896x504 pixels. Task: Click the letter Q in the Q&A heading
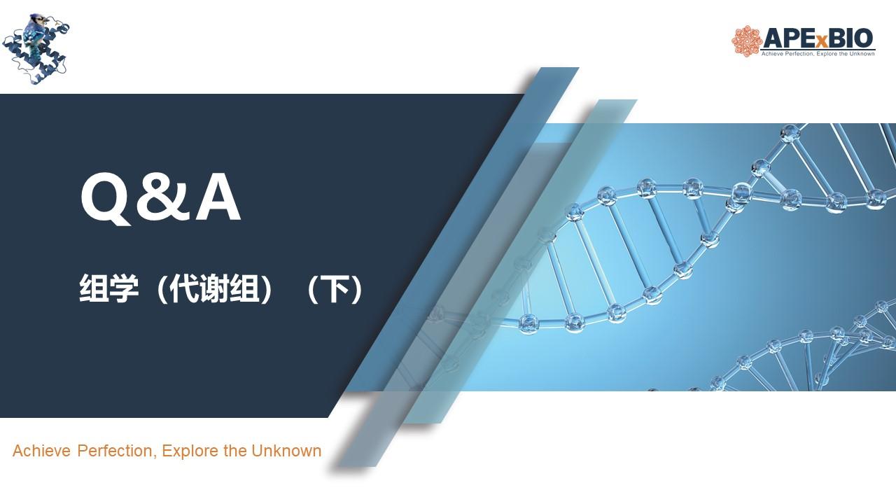coord(106,199)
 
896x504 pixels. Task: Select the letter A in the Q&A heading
coord(218,197)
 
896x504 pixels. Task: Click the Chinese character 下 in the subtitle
coord(335,289)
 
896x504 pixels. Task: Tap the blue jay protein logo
coord(36,49)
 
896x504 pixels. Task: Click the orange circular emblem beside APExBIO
coord(746,41)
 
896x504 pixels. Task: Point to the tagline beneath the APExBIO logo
coord(818,54)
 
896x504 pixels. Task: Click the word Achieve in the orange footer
coord(41,451)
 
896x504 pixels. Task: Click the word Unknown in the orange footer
coord(286,451)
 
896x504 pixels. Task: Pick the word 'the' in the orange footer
coord(234,451)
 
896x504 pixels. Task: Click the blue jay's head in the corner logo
coord(38,20)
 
